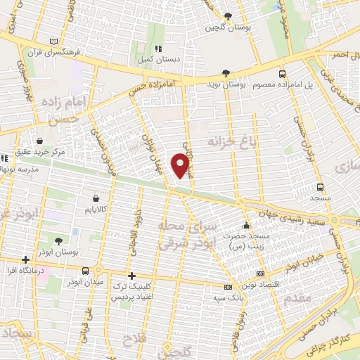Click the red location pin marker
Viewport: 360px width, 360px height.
(x=181, y=165)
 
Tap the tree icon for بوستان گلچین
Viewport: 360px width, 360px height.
(x=227, y=18)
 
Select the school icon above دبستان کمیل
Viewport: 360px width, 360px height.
(x=158, y=49)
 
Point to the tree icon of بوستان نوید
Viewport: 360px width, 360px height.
(x=226, y=72)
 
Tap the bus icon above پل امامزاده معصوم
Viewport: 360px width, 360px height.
(x=282, y=73)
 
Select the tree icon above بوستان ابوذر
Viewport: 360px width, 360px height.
(x=59, y=241)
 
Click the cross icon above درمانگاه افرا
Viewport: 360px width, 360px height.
(x=25, y=259)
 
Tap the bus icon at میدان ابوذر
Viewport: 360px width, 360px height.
(x=85, y=271)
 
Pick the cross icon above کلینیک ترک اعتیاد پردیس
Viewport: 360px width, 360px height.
(x=131, y=276)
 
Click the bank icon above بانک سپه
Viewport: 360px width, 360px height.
(x=228, y=287)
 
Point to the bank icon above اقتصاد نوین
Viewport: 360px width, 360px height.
(x=261, y=274)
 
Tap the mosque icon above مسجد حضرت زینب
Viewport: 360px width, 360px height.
(x=246, y=226)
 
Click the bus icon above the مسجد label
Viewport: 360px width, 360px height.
(x=321, y=187)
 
